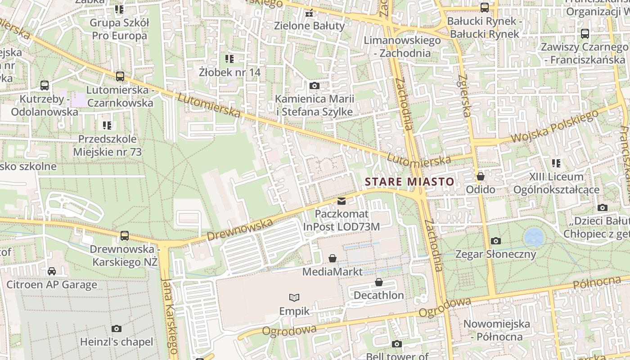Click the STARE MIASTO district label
pyautogui.click(x=409, y=182)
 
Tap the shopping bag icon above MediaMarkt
pyautogui.click(x=333, y=258)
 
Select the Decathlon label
pyautogui.click(x=379, y=295)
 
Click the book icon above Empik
pyautogui.click(x=294, y=297)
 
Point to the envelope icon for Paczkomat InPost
pyautogui.click(x=342, y=201)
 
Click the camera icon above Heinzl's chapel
pyautogui.click(x=117, y=328)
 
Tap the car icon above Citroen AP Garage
pyautogui.click(x=52, y=271)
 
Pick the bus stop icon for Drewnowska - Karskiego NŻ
pyautogui.click(x=125, y=235)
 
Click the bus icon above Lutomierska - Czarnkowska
pyautogui.click(x=120, y=76)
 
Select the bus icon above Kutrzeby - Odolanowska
pyautogui.click(x=45, y=85)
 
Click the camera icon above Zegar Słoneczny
pyautogui.click(x=495, y=241)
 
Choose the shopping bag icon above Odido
pyautogui.click(x=481, y=176)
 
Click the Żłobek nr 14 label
pyautogui.click(x=230, y=72)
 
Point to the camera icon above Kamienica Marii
pyautogui.click(x=315, y=85)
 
